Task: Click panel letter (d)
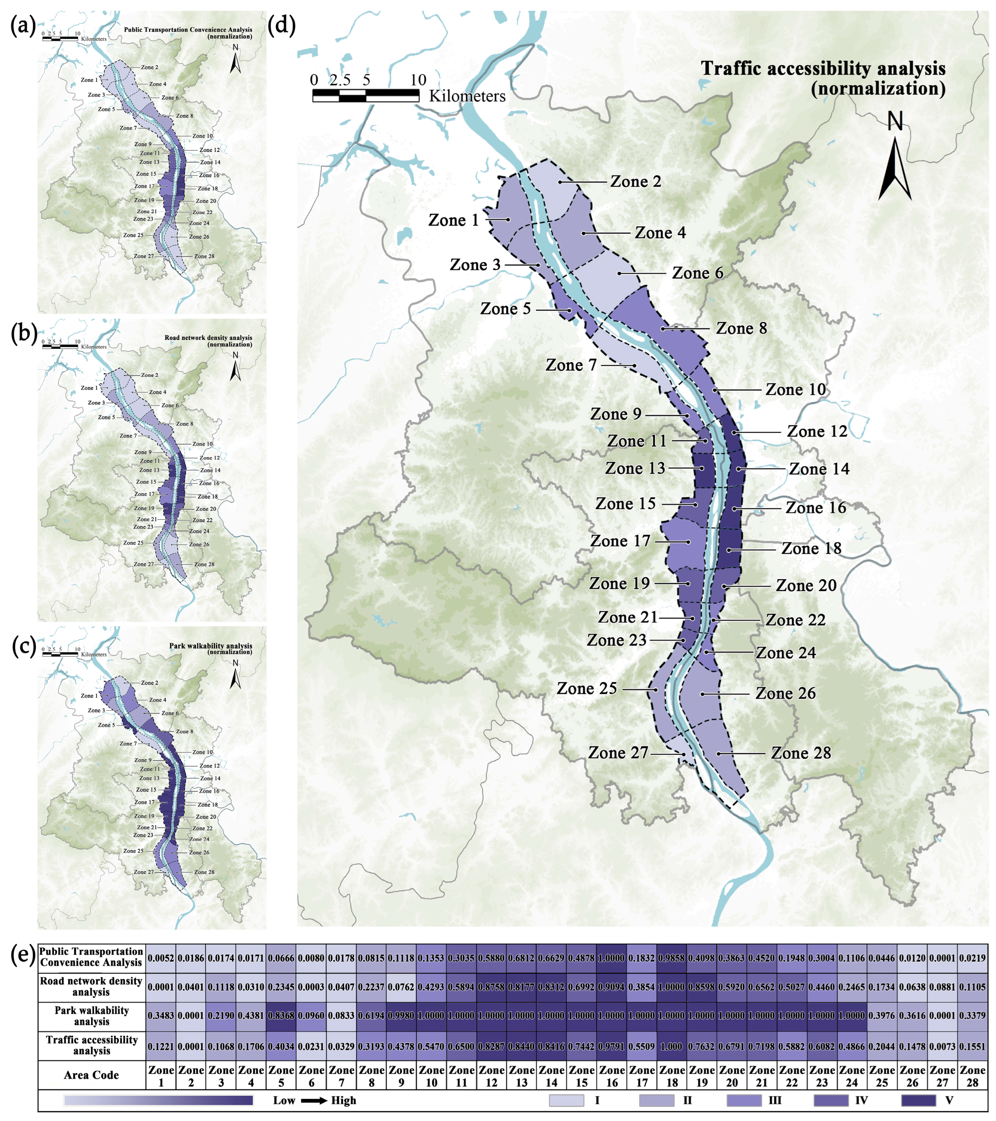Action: coord(282,25)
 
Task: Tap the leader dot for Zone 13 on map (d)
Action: coord(702,468)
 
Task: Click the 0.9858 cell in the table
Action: coord(672,958)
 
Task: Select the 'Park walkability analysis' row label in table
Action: coord(92,1016)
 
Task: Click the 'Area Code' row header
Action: coord(92,1075)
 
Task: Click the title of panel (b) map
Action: coord(209,341)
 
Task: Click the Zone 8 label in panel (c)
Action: coord(184,732)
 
